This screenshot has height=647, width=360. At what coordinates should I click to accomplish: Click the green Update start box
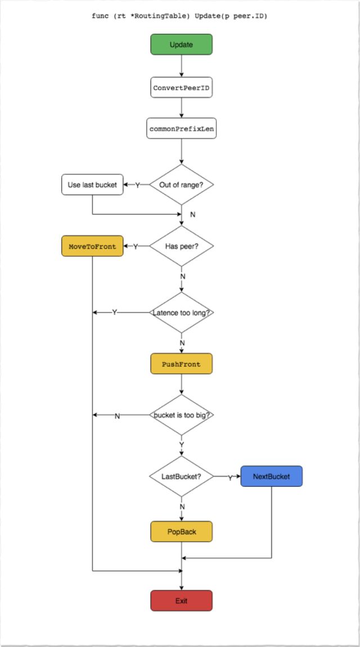(x=181, y=44)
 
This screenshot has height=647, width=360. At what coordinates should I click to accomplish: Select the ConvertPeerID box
(x=181, y=88)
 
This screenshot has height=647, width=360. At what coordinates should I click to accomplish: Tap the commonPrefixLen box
(x=181, y=129)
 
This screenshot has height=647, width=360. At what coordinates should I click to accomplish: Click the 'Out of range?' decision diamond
(x=181, y=184)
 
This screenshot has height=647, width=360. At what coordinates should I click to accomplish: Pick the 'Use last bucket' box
(x=92, y=184)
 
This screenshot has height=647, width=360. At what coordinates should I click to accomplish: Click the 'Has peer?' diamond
(x=181, y=246)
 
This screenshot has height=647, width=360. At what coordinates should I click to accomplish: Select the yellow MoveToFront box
(x=92, y=246)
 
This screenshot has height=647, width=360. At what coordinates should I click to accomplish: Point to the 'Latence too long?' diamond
(x=181, y=313)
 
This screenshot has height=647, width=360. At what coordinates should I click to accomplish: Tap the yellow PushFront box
(x=181, y=364)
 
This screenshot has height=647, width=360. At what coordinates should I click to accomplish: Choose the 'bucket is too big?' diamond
(x=181, y=415)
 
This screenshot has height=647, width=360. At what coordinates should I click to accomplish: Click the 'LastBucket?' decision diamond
(x=181, y=476)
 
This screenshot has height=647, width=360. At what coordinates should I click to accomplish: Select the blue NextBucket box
(x=272, y=476)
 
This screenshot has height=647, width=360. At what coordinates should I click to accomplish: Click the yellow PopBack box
(x=181, y=532)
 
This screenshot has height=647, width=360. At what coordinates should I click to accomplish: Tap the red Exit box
(x=181, y=601)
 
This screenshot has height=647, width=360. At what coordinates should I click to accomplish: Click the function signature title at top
(x=180, y=16)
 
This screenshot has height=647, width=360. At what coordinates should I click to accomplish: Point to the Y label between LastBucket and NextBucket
(x=230, y=478)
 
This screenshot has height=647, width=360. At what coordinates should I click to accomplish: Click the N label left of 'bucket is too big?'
(x=117, y=417)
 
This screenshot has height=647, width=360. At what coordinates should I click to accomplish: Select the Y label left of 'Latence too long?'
(x=115, y=313)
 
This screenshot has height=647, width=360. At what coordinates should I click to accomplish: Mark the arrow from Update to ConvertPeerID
(x=181, y=66)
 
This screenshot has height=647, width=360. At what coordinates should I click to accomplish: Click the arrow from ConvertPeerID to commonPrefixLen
(x=181, y=108)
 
